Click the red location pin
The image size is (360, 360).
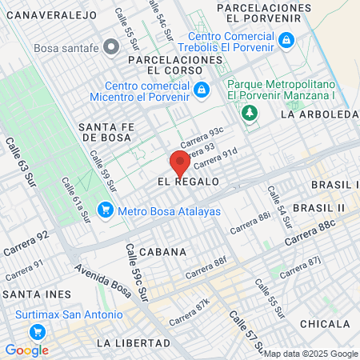[180, 162]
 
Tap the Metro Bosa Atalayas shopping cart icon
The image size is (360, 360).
[105, 210]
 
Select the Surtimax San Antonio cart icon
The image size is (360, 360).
[35, 331]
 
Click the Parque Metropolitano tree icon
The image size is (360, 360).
[251, 113]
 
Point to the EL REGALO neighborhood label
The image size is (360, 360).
[188, 182]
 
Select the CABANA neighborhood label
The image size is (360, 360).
[162, 251]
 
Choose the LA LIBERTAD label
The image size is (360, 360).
[134, 342]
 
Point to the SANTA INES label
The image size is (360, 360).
[30, 294]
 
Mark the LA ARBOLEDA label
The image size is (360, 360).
[319, 114]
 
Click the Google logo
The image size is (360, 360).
[26, 350]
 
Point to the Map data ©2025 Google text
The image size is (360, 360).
[310, 354]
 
